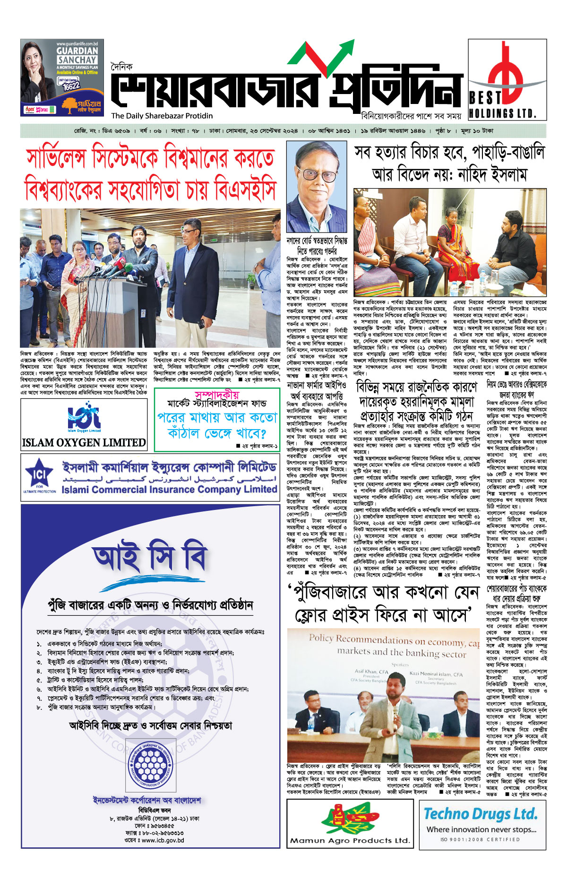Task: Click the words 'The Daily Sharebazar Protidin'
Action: [x=162, y=116]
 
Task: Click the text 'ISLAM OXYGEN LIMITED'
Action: [x=84, y=443]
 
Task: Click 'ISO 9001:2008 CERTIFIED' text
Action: [x=480, y=840]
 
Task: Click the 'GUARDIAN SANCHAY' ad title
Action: [x=77, y=55]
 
